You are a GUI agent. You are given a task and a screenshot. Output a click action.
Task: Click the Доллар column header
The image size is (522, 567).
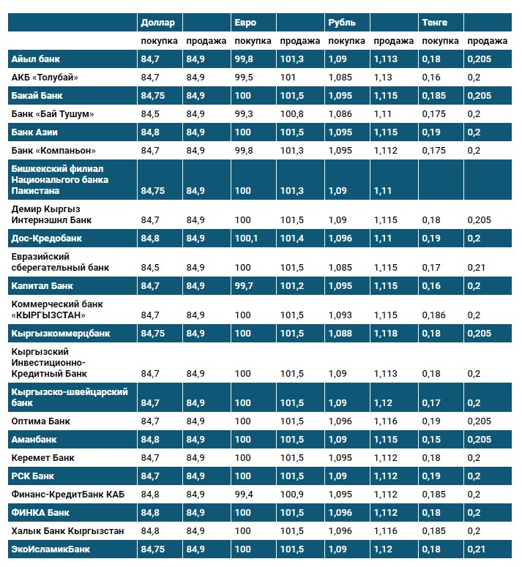[157, 23]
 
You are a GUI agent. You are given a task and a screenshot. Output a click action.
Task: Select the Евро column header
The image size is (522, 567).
[245, 23]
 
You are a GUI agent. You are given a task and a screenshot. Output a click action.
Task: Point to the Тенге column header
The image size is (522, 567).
[434, 23]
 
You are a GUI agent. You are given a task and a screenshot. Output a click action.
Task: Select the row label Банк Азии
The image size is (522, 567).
[34, 132]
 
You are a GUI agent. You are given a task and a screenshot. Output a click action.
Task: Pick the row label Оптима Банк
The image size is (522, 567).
[40, 421]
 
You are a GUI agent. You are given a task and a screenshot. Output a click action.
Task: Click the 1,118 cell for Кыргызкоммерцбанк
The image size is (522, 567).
[386, 334]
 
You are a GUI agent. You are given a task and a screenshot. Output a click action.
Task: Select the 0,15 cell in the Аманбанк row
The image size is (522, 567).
[431, 440]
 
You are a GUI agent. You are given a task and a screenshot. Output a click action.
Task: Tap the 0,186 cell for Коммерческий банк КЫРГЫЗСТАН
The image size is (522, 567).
[434, 315]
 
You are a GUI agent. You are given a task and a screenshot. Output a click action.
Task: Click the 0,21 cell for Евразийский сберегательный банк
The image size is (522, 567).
[477, 268]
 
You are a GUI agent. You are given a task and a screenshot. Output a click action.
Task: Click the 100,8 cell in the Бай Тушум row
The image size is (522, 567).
[292, 114]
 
